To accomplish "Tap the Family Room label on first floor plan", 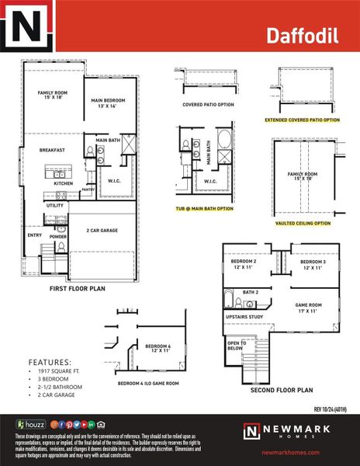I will coord(53,96).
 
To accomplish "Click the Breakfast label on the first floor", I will coord(53,150).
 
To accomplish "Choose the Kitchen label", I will coord(64,183).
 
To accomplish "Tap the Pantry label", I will coord(88,189).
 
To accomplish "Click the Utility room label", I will coord(55,205).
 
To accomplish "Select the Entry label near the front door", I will coord(34,235).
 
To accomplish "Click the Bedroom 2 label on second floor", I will coord(245,265).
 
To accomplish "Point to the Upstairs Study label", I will coord(244,318).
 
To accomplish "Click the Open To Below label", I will coord(236,346).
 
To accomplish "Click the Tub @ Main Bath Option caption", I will coord(203,208).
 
